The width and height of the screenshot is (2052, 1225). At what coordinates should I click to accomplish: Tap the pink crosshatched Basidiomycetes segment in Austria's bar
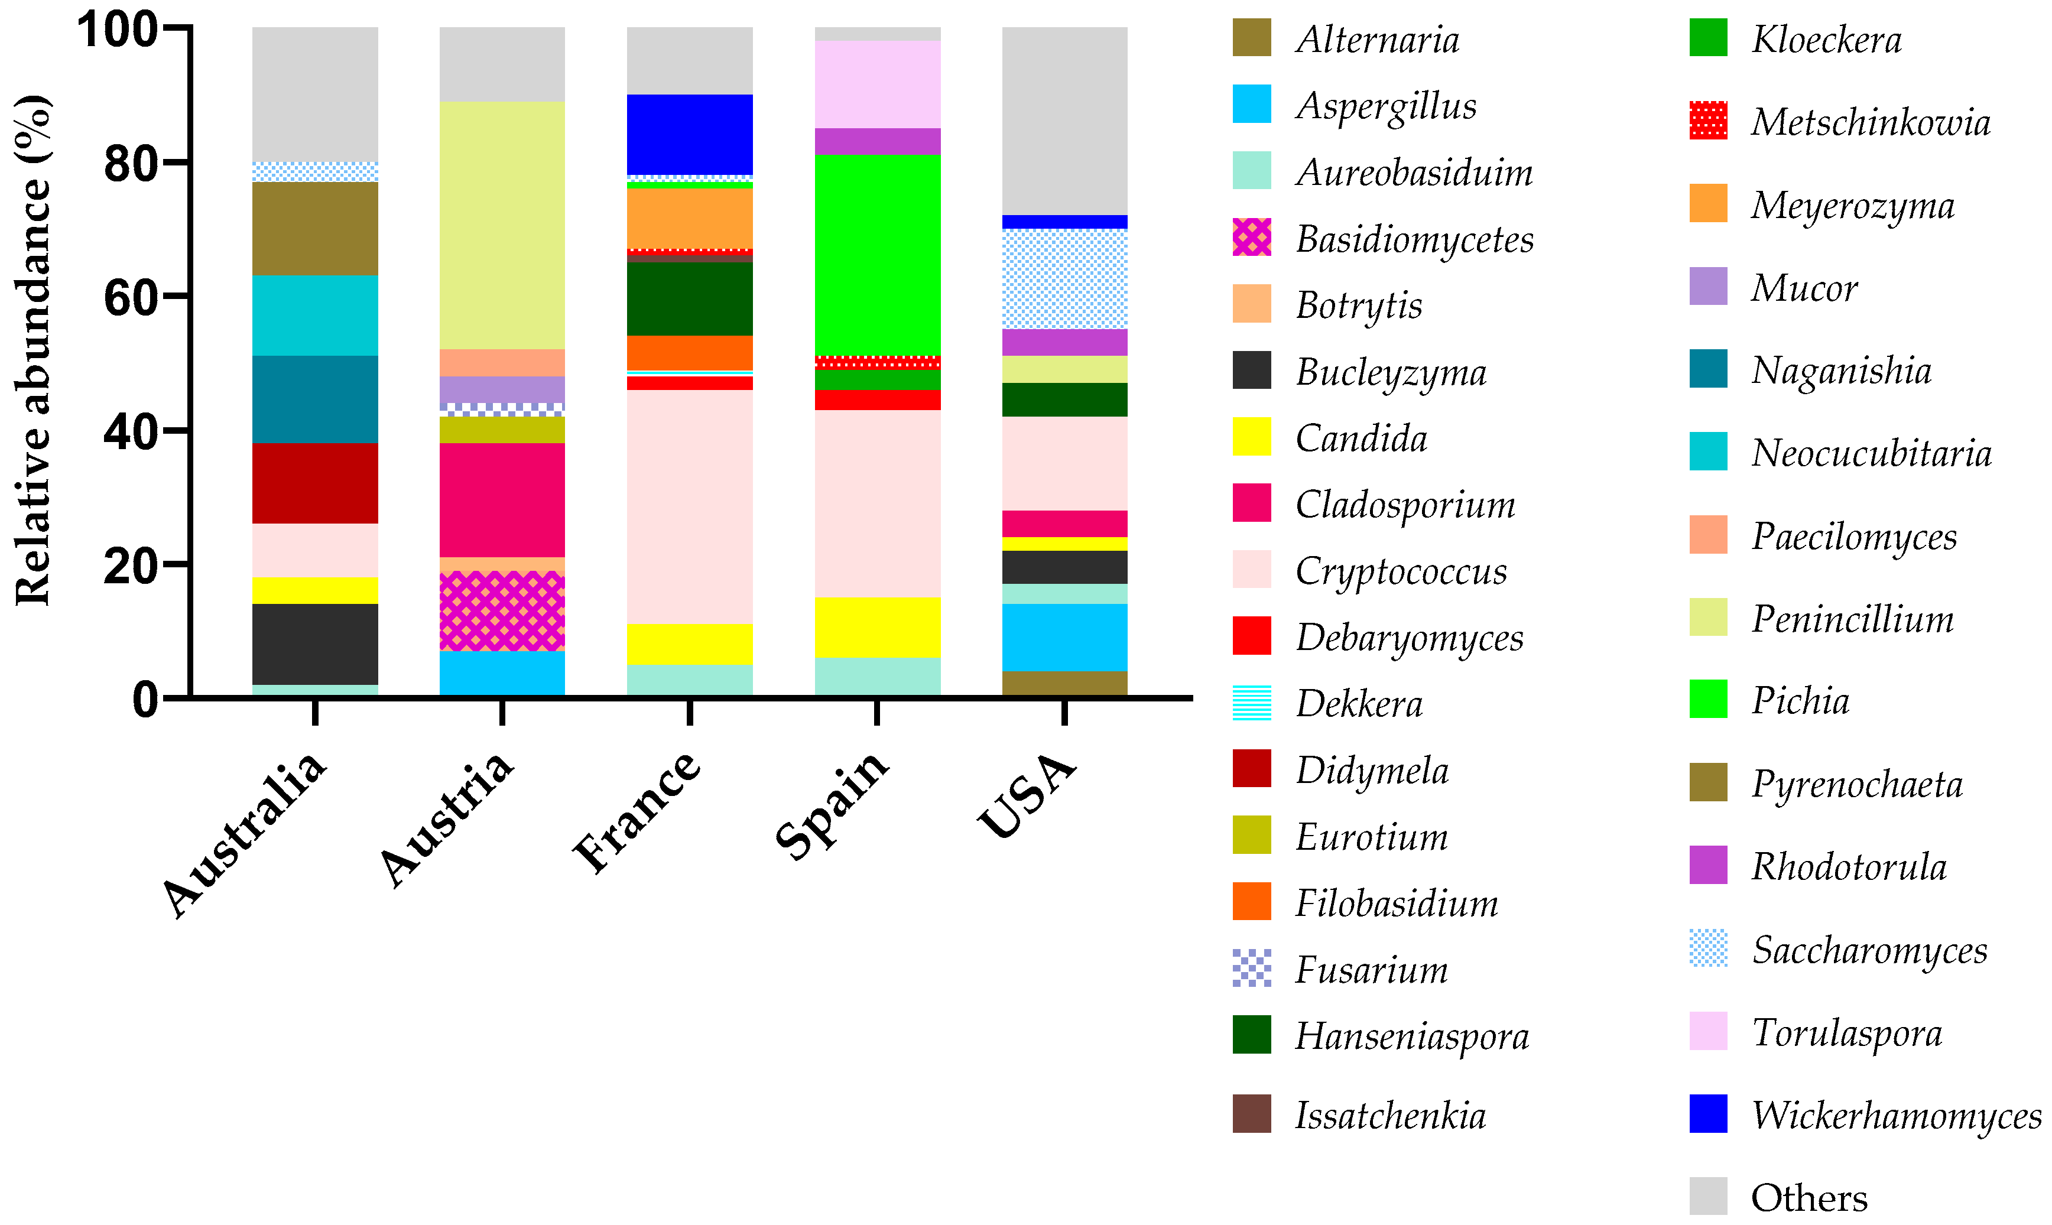pyautogui.click(x=502, y=611)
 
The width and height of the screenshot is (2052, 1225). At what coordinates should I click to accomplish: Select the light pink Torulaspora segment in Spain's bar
pyautogui.click(x=878, y=84)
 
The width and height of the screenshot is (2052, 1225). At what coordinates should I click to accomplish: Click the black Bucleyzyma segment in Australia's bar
pyautogui.click(x=316, y=644)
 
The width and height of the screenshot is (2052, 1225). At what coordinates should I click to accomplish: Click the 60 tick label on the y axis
pyautogui.click(x=131, y=298)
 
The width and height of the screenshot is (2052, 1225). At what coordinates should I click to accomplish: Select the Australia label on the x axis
pyautogui.click(x=244, y=834)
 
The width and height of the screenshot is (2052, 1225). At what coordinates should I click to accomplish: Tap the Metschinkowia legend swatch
pyautogui.click(x=1708, y=121)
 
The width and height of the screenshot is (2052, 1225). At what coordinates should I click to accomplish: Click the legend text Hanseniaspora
pyautogui.click(x=1411, y=1036)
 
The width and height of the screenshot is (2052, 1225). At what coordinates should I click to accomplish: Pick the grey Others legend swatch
pyautogui.click(x=1708, y=1196)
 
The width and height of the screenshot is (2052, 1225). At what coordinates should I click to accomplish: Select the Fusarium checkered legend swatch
pyautogui.click(x=1251, y=969)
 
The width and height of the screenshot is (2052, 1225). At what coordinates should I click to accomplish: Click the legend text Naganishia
pyautogui.click(x=1840, y=371)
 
